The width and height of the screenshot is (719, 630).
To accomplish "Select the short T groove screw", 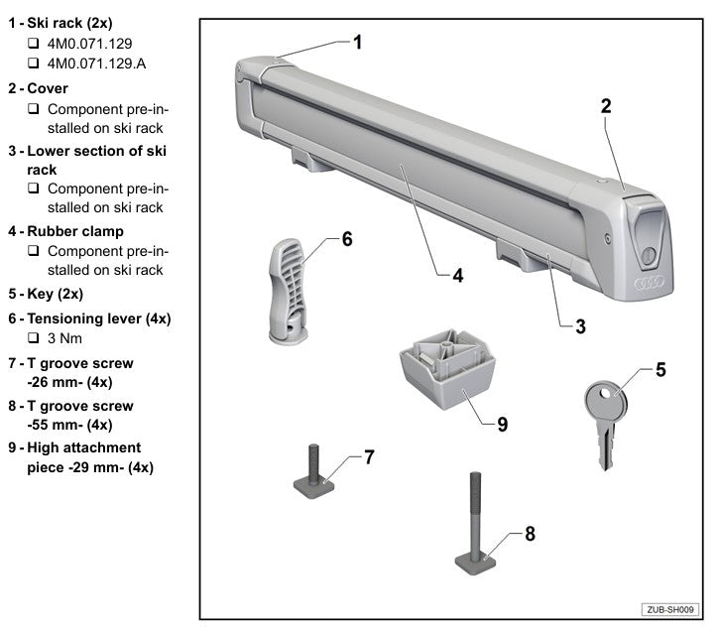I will [x=314, y=474].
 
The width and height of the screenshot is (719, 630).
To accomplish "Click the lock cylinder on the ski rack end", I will [x=647, y=253].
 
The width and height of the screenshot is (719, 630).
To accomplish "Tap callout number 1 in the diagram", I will [x=358, y=42].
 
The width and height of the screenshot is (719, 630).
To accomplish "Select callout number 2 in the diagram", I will [x=605, y=105].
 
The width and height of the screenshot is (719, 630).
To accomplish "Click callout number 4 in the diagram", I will [x=457, y=276].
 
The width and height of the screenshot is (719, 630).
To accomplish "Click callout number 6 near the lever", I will [x=346, y=238].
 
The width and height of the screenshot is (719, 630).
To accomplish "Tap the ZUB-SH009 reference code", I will [x=671, y=608].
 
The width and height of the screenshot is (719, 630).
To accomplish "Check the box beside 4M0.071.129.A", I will [x=34, y=64].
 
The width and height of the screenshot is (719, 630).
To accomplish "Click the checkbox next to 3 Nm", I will [x=34, y=338].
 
